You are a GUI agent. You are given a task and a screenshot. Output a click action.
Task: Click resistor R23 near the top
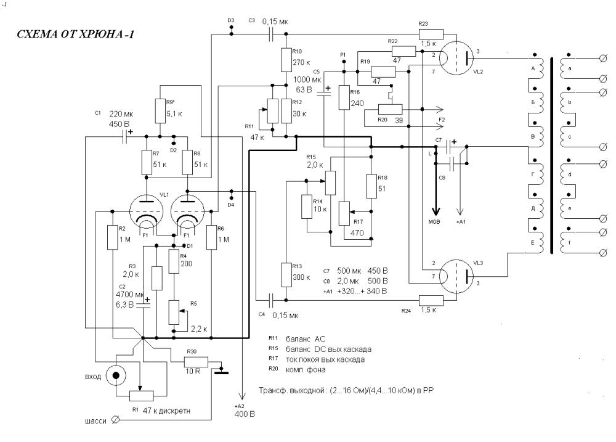tap(431, 34)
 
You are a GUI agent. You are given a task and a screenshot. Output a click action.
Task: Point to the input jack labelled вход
tap(116, 375)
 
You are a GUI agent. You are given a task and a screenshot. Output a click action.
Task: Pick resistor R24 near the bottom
tap(431, 300)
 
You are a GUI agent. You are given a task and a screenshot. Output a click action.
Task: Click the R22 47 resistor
tap(404, 51)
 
